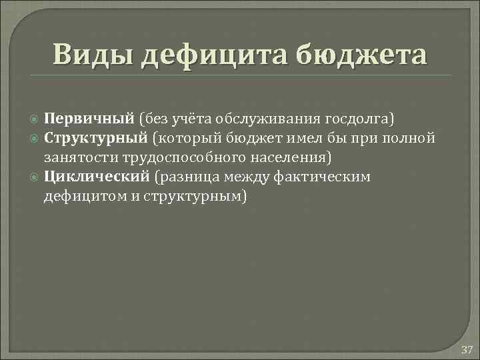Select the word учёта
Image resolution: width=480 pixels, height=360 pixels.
click(x=189, y=119)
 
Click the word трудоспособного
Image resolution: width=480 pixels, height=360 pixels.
click(x=167, y=157)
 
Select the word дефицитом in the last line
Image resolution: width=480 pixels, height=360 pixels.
click(x=82, y=196)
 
